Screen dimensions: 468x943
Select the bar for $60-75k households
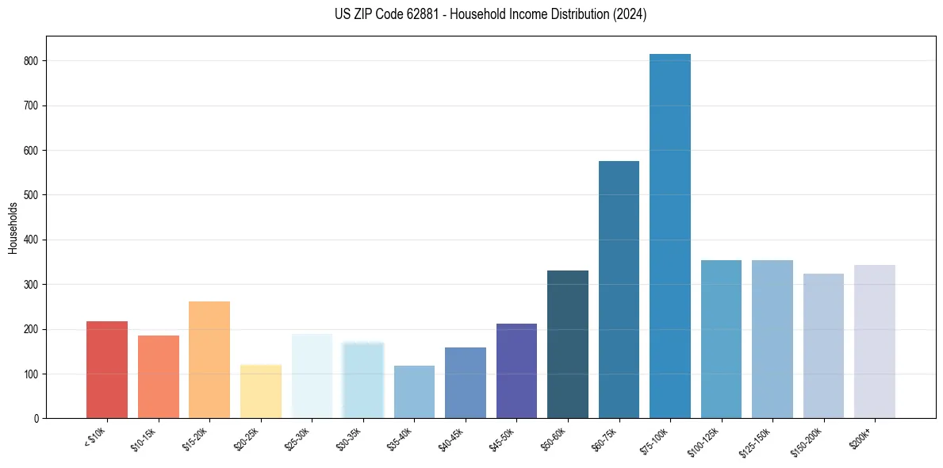pyautogui.click(x=619, y=290)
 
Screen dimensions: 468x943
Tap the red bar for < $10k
pyautogui.click(x=107, y=370)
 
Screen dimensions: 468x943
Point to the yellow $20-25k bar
pyautogui.click(x=261, y=391)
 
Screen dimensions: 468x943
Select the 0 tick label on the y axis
pyautogui.click(x=36, y=418)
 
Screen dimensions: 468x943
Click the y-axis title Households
pyautogui.click(x=13, y=228)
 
